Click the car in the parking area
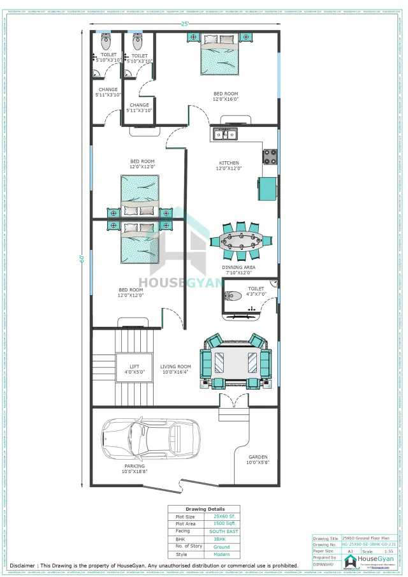(150, 439)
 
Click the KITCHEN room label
(229, 163)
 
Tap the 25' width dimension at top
(185, 24)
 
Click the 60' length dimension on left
(82, 258)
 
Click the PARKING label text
(135, 466)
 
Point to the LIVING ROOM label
(175, 367)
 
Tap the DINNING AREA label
(238, 268)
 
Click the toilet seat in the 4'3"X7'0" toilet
(233, 295)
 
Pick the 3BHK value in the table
(221, 539)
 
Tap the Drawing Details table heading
(204, 509)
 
